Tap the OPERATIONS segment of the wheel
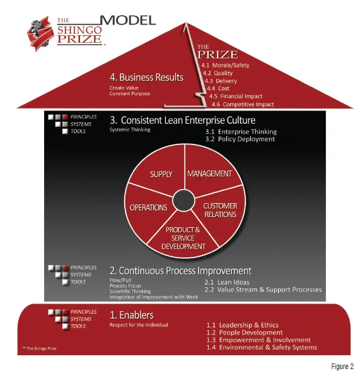click(149, 211)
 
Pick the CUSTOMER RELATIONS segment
click(220, 213)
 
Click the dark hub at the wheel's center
click(183, 201)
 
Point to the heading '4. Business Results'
click(146, 78)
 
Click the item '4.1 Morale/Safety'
click(225, 65)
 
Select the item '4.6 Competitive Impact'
click(243, 104)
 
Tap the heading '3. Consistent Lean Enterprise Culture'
click(182, 120)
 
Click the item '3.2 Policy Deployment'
click(240, 139)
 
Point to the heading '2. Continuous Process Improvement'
click(180, 271)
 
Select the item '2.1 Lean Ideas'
click(227, 282)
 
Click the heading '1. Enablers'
click(132, 315)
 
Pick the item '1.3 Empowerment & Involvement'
click(258, 340)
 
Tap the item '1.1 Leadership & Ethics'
click(242, 325)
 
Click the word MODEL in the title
click(128, 20)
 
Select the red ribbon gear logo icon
click(40, 34)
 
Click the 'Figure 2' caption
click(342, 366)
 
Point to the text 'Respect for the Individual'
click(139, 325)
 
